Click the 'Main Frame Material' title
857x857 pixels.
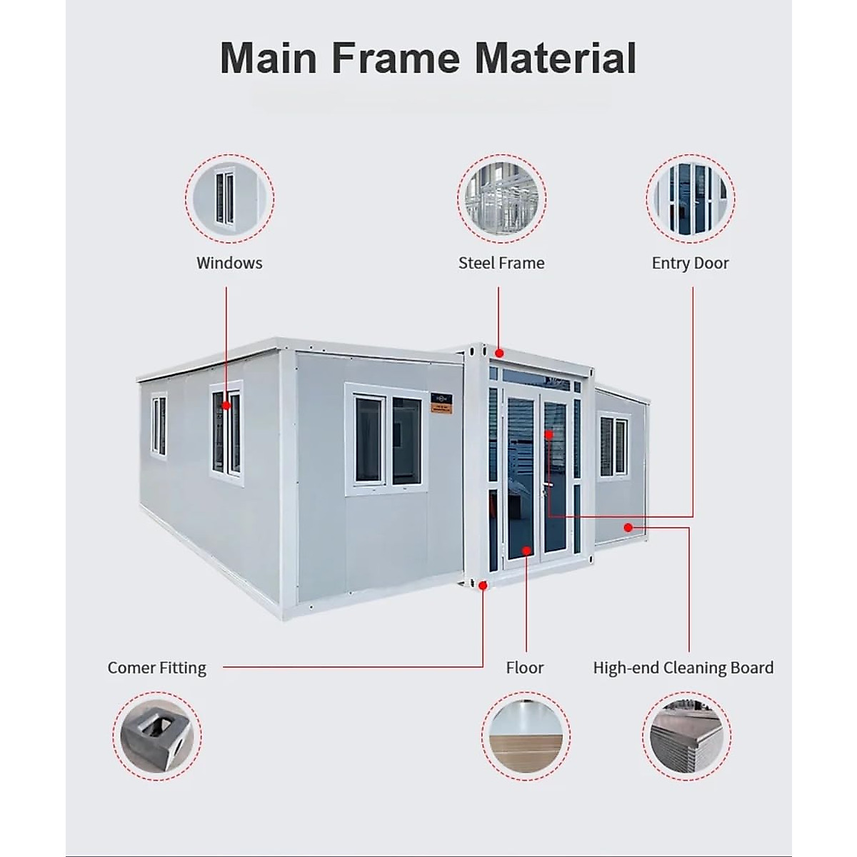point(428,59)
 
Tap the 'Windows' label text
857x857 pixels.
point(229,263)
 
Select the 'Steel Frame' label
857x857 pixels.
point(501,263)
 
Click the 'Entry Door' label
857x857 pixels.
point(690,263)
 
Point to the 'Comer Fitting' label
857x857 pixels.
point(156,668)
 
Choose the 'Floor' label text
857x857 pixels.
point(525,668)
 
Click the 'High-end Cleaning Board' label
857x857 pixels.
point(683,668)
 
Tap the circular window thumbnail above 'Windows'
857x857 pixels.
point(229,198)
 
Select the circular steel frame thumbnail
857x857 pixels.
point(501,198)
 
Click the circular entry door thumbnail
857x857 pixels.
point(691,198)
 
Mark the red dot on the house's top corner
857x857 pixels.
point(500,353)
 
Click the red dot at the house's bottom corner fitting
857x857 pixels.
point(483,585)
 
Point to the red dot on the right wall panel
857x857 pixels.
point(628,528)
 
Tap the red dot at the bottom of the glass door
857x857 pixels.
point(526,550)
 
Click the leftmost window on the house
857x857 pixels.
point(159,426)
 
